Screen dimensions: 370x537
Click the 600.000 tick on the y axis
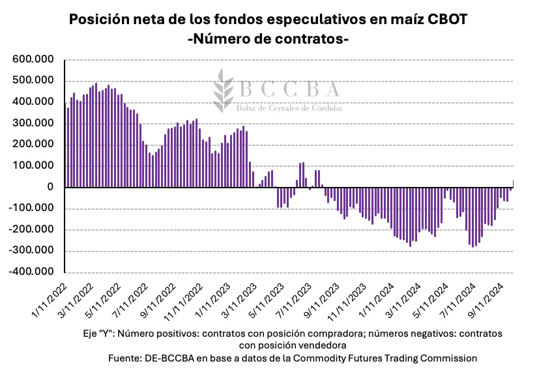click(32, 59)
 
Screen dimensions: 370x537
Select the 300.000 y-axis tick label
click(32, 123)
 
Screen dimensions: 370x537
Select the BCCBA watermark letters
click(289, 89)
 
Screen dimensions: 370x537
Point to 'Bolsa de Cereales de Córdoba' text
click(291, 108)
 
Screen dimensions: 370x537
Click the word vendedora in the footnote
click(323, 345)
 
